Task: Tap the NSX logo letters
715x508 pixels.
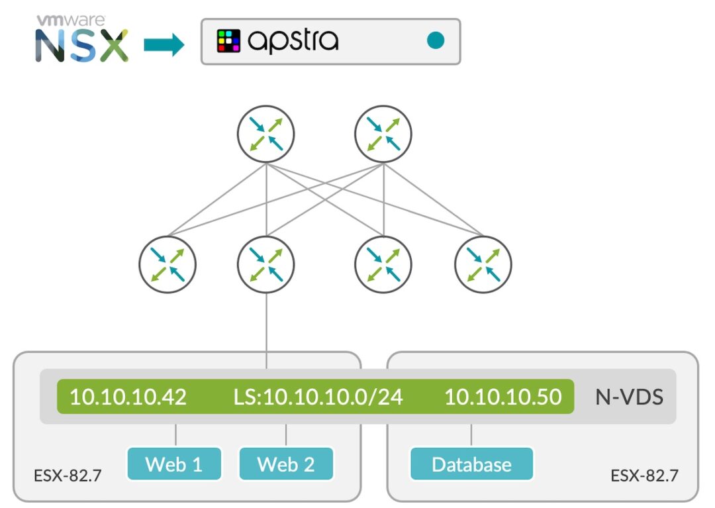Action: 81,46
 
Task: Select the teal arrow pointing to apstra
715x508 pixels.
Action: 164,45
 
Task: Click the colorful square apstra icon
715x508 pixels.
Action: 229,41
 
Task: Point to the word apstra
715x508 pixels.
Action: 293,41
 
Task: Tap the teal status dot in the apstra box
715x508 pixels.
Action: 435,41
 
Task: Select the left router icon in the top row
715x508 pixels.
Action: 265,134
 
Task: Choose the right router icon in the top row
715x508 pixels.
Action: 383,134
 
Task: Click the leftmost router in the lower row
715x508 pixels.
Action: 167,264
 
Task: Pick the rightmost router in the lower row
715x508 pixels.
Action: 483,264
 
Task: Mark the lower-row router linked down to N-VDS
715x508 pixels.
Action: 265,264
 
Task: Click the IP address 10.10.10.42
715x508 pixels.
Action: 128,397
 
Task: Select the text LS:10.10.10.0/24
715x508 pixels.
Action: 318,397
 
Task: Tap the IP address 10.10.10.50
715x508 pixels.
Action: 502,397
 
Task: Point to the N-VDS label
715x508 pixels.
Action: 629,397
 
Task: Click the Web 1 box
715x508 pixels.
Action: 173,464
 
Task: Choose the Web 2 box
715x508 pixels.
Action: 286,464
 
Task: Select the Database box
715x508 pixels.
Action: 471,464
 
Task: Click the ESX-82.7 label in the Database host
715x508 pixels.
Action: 644,476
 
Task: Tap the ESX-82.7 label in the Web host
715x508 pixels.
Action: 68,476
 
